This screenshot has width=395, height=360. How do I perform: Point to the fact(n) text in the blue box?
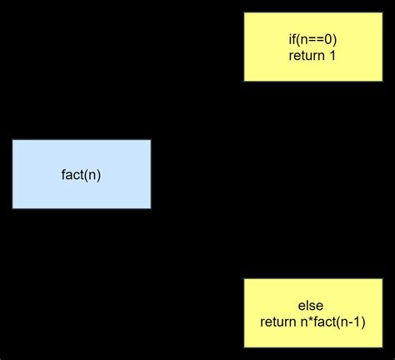pos(82,175)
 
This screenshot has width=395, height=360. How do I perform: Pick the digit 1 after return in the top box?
pos(332,57)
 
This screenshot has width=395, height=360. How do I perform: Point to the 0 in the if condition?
pos(331,40)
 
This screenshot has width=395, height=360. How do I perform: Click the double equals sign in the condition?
pos(317,40)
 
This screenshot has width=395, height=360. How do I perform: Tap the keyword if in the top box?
pos(288,40)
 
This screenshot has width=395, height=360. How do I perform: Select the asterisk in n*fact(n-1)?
pos(307,321)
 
